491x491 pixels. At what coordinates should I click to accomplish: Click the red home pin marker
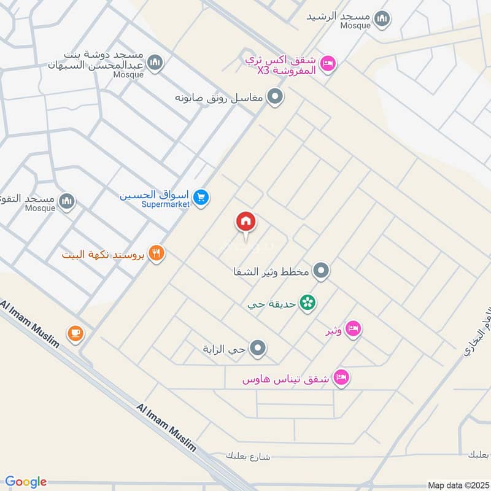pyautogui.click(x=245, y=222)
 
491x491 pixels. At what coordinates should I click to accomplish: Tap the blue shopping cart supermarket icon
pyautogui.click(x=201, y=197)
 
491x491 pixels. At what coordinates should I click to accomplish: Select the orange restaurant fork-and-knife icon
pyautogui.click(x=157, y=253)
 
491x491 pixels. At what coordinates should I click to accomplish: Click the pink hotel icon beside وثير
pyautogui.click(x=353, y=329)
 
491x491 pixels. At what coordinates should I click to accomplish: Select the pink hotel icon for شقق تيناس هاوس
pyautogui.click(x=342, y=377)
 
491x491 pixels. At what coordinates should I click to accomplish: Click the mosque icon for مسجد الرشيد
pyautogui.click(x=383, y=18)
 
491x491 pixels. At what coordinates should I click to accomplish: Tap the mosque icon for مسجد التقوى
pyautogui.click(x=66, y=200)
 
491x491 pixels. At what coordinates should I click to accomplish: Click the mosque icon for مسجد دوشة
pyautogui.click(x=155, y=63)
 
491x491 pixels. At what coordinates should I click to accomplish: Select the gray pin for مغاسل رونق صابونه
pyautogui.click(x=276, y=96)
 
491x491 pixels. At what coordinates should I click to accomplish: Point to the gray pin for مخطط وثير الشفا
pyautogui.click(x=321, y=270)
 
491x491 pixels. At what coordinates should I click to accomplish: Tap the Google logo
pyautogui.click(x=26, y=482)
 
